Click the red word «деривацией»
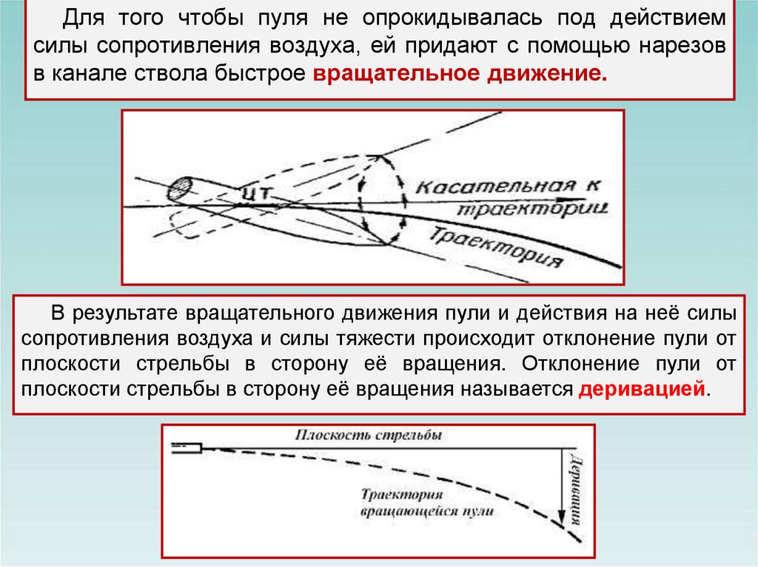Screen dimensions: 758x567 pos(643,390)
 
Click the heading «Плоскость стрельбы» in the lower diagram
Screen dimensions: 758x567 pos(369,435)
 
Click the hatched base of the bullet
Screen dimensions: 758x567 pos(181,189)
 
